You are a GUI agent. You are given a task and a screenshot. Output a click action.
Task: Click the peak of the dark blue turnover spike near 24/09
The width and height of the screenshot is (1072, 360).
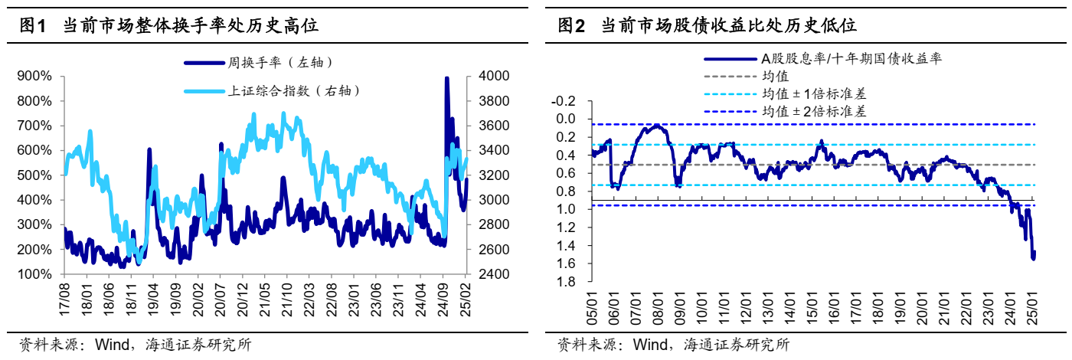[x=446, y=78]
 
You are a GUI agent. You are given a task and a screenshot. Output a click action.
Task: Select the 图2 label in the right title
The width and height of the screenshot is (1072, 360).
[x=571, y=27]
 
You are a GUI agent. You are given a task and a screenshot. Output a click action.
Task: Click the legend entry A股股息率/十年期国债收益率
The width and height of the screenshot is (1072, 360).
[x=850, y=59]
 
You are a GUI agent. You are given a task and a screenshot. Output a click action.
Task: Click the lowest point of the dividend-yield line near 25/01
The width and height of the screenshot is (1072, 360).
[x=1034, y=259]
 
